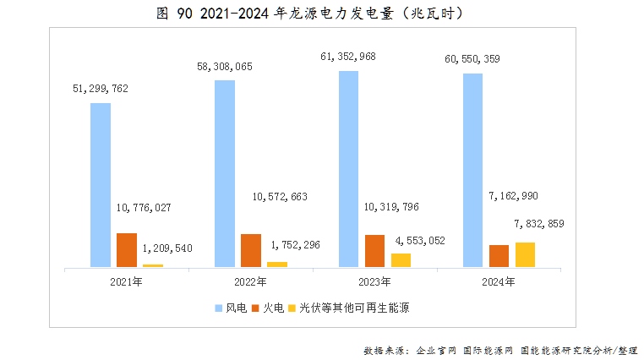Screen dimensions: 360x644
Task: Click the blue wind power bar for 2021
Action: pyautogui.click(x=101, y=185)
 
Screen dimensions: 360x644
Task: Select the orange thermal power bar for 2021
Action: pyautogui.click(x=127, y=250)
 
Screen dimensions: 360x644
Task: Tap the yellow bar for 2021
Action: pyautogui.click(x=153, y=265)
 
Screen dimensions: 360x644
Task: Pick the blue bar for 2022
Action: pyautogui.click(x=225, y=173)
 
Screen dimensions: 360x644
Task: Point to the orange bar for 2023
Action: pyautogui.click(x=374, y=251)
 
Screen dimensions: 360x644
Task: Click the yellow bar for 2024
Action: pyautogui.click(x=525, y=254)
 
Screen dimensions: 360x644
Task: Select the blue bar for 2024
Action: pyautogui.click(x=473, y=170)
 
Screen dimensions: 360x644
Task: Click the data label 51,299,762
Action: pyautogui.click(x=101, y=88)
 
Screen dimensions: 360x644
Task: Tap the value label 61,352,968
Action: pyautogui.click(x=348, y=57)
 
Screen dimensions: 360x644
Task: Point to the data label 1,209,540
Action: pyautogui.click(x=167, y=248)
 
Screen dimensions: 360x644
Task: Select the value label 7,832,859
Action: pyautogui.click(x=538, y=224)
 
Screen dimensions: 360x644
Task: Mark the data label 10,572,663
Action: pyautogui.click(x=280, y=197)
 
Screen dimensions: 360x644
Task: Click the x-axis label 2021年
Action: pyautogui.click(x=126, y=281)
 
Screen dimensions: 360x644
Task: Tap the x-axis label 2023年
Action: pyautogui.click(x=374, y=281)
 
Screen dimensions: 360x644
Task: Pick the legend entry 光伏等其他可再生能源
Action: pyautogui.click(x=354, y=307)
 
